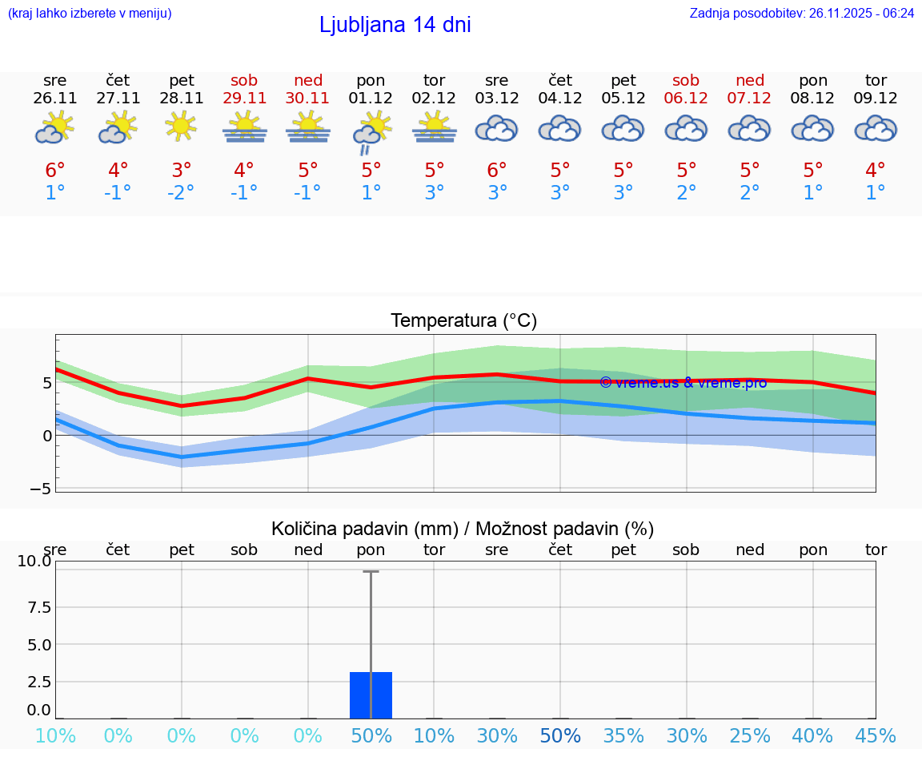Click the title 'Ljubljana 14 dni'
click(x=395, y=25)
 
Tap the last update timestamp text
click(x=801, y=13)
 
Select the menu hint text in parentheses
click(x=89, y=13)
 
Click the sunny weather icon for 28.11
click(x=182, y=127)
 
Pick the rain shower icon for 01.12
click(x=371, y=131)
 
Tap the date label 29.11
click(x=244, y=98)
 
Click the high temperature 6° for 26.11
click(x=55, y=170)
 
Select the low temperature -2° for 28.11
click(x=182, y=192)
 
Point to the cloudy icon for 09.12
click(x=876, y=128)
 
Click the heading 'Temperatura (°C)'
click(x=463, y=320)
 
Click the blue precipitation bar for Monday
click(x=371, y=694)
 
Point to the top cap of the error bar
click(x=371, y=571)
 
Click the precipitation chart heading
click(x=463, y=529)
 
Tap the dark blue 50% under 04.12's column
click(x=560, y=735)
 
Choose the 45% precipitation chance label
click(x=876, y=735)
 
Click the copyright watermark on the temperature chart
click(x=683, y=382)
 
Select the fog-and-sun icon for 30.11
click(x=308, y=128)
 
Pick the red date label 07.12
click(x=750, y=98)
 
